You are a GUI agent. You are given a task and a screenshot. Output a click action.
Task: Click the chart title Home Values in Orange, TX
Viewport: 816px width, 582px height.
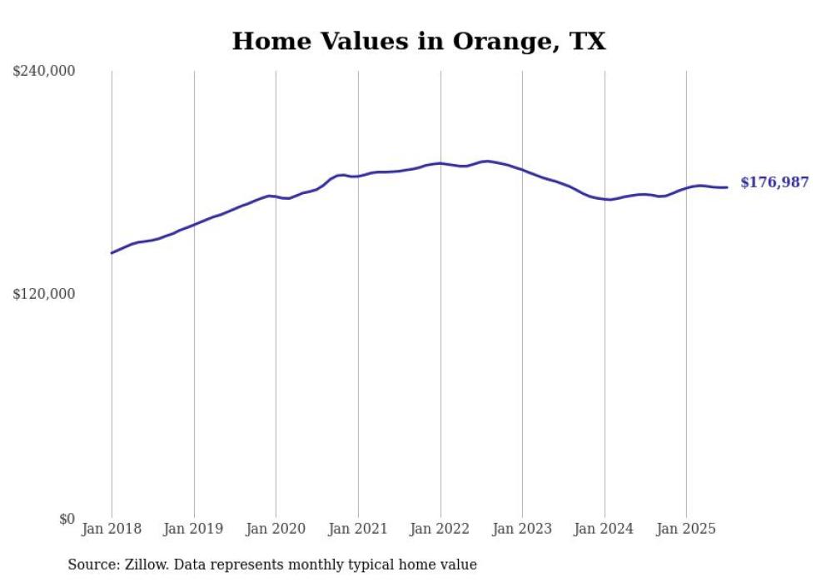tap(419, 42)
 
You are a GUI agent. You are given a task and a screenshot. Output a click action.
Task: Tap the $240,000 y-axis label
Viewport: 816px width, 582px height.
tap(44, 71)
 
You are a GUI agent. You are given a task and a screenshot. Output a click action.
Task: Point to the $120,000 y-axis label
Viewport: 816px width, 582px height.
tap(44, 294)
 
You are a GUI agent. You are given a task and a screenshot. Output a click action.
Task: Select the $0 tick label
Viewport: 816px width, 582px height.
tap(67, 519)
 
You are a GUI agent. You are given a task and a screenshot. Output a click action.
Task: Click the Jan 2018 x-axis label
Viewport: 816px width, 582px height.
tap(112, 529)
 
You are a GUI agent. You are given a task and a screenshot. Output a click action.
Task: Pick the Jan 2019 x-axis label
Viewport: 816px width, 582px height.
tap(194, 529)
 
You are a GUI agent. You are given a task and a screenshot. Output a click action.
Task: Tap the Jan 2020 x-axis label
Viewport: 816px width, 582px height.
tap(276, 529)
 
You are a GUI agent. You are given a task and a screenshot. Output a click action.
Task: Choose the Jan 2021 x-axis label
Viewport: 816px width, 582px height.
tap(358, 529)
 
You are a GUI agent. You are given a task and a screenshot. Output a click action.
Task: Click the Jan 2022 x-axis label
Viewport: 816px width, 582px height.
tap(440, 529)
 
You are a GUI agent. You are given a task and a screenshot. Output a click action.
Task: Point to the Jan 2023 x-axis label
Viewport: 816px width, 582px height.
tap(522, 529)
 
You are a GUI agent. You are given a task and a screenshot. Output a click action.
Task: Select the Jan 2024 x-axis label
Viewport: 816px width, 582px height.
tap(605, 529)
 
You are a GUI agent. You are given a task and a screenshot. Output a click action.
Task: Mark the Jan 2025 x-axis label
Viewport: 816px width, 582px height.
tap(686, 529)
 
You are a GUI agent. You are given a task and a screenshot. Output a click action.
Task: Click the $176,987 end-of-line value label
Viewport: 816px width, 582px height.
tap(774, 182)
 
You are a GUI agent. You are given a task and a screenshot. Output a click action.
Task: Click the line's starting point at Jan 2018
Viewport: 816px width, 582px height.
tap(112, 253)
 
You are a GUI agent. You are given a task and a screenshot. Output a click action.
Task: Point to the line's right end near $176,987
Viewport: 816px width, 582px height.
tap(727, 187)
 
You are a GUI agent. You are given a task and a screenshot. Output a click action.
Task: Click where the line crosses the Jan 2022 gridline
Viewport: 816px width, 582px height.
tap(440, 163)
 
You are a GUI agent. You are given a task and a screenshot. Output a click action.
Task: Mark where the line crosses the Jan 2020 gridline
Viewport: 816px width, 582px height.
tap(276, 196)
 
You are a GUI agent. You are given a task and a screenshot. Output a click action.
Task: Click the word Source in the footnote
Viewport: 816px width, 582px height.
tap(91, 565)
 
